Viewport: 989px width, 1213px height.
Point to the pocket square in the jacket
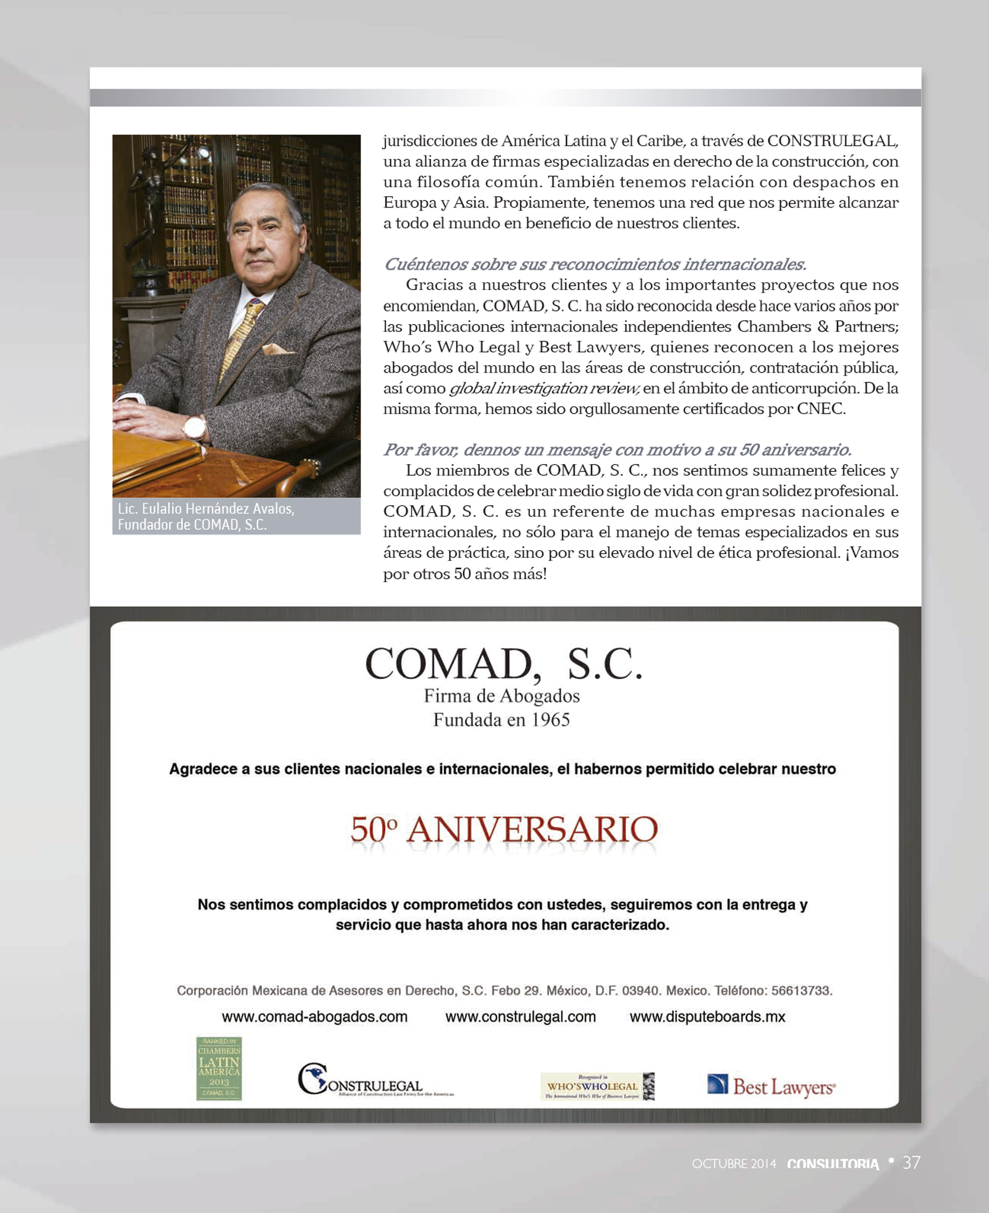pyautogui.click(x=278, y=348)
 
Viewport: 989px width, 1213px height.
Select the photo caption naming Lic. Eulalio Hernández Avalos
pyautogui.click(x=206, y=516)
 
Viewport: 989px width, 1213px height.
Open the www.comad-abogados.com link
pyautogui.click(x=315, y=1017)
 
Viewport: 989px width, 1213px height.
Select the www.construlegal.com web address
pyautogui.click(x=520, y=1017)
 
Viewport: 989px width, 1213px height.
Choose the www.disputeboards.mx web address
pyautogui.click(x=707, y=1017)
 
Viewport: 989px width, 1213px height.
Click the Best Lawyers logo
pyautogui.click(x=771, y=1086)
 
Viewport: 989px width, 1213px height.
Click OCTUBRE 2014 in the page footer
pyautogui.click(x=734, y=1164)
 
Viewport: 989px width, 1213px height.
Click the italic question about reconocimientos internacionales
pyautogui.click(x=594, y=264)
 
